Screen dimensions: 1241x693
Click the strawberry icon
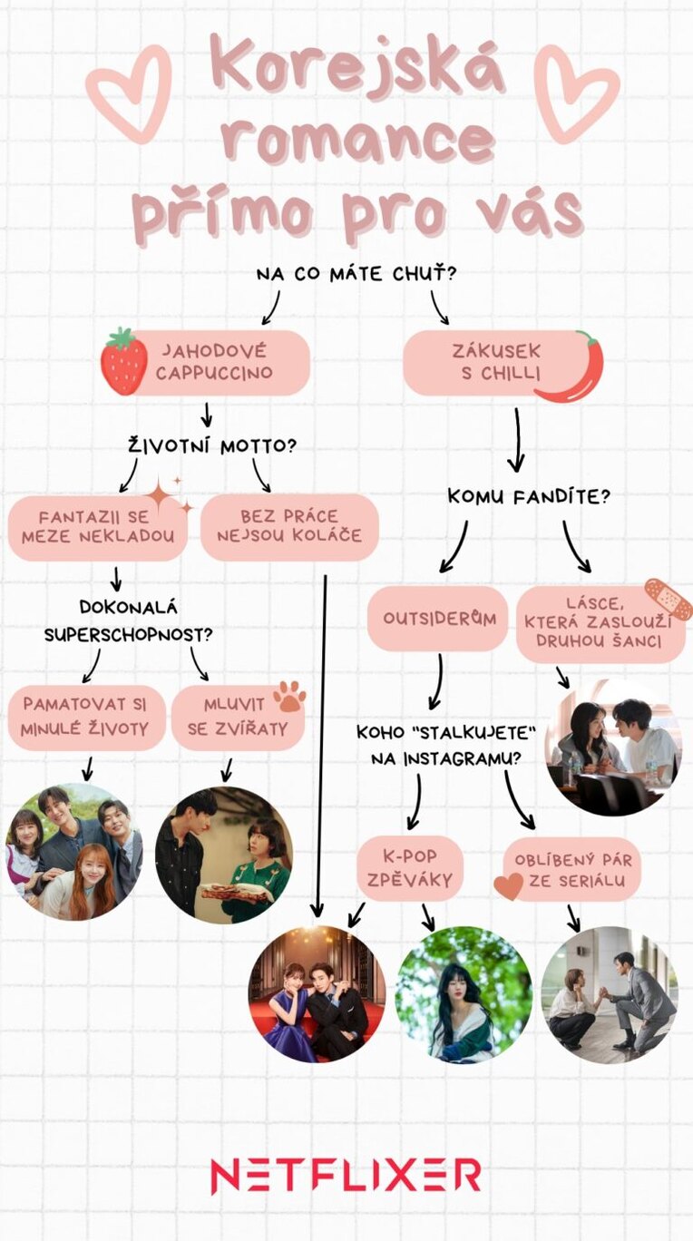(x=123, y=362)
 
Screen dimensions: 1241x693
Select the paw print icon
(x=290, y=697)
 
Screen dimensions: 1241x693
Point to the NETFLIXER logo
(x=346, y=1176)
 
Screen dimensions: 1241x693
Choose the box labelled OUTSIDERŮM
(x=437, y=618)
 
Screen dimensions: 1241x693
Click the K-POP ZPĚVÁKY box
(x=410, y=868)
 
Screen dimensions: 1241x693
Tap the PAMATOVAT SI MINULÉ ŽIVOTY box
(x=87, y=717)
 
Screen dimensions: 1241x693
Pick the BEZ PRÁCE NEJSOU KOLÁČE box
(x=288, y=526)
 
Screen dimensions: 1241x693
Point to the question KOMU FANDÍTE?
(x=528, y=497)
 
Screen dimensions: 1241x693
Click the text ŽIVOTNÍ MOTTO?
(x=212, y=446)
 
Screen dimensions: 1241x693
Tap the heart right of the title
(x=575, y=93)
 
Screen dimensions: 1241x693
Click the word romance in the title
(x=359, y=142)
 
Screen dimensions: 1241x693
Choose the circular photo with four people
(x=74, y=852)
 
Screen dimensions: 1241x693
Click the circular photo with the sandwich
(x=223, y=855)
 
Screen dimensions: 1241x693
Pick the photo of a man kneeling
(x=610, y=994)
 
